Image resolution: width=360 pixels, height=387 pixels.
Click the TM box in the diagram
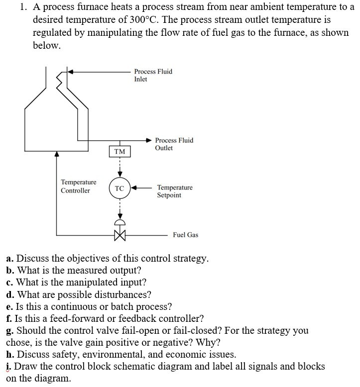click(x=120, y=151)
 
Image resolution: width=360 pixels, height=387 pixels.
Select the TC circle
click(x=120, y=188)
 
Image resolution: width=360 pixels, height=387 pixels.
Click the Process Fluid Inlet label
click(x=153, y=75)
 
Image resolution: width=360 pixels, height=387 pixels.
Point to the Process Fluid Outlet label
click(x=174, y=144)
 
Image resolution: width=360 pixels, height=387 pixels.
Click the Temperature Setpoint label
click(x=174, y=192)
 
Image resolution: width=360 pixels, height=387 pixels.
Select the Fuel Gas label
click(x=185, y=235)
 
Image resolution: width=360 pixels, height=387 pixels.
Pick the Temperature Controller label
click(x=79, y=187)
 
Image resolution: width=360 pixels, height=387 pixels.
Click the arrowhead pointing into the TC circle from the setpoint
click(x=133, y=188)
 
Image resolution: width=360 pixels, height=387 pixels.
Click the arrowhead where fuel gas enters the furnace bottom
click(x=57, y=155)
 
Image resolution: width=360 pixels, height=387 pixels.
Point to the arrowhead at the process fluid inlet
click(x=71, y=72)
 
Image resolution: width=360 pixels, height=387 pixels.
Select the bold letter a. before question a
click(x=10, y=259)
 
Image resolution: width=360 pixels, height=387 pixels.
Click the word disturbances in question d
click(x=126, y=294)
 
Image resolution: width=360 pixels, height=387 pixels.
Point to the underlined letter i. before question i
click(x=10, y=367)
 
